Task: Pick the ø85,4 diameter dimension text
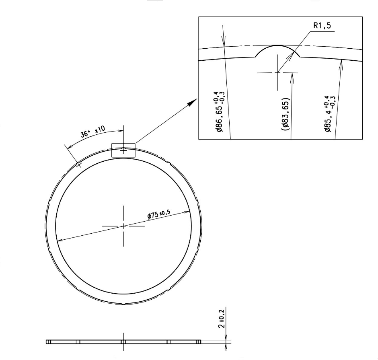pos(330,113)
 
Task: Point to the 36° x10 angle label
pos(92,132)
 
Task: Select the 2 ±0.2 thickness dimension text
pos(222,319)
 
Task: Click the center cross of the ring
pos(123,226)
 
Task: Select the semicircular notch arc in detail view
pos(277,47)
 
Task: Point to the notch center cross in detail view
pos(277,72)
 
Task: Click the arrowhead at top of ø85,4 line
pos(341,63)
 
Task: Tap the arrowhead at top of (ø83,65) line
pos(292,77)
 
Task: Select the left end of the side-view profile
pos(47,342)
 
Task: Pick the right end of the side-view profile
pos(199,342)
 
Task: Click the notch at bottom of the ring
pos(123,304)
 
